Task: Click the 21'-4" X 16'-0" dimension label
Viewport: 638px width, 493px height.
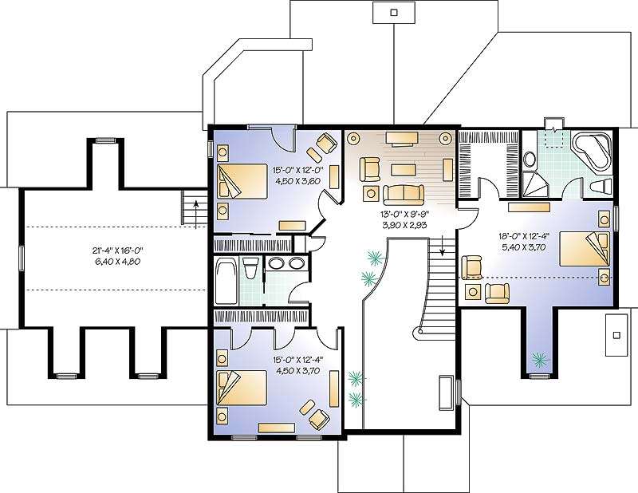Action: pyautogui.click(x=117, y=250)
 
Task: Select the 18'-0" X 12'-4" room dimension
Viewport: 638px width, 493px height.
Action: pyautogui.click(x=524, y=235)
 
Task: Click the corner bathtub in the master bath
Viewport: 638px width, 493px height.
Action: pyautogui.click(x=592, y=152)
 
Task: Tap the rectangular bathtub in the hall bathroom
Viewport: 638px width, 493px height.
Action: pyautogui.click(x=226, y=281)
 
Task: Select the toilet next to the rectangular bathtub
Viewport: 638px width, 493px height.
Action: pyautogui.click(x=250, y=268)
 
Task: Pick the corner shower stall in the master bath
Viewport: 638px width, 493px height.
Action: pyautogui.click(x=534, y=183)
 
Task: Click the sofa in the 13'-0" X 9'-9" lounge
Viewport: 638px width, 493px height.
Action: pyautogui.click(x=404, y=195)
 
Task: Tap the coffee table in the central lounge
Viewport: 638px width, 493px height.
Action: pyautogui.click(x=404, y=169)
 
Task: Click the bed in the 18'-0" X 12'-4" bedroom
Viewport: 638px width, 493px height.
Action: pyautogui.click(x=585, y=248)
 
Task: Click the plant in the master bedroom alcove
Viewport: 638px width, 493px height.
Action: pyautogui.click(x=540, y=359)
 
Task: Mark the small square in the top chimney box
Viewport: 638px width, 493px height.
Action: pyautogui.click(x=393, y=12)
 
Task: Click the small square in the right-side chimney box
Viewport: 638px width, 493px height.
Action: pyautogui.click(x=616, y=335)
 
